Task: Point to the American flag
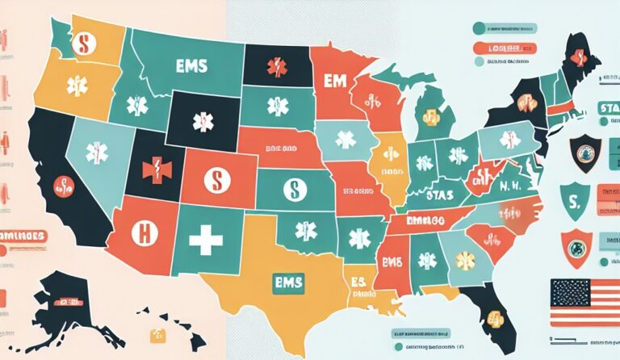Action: [x=584, y=303]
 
